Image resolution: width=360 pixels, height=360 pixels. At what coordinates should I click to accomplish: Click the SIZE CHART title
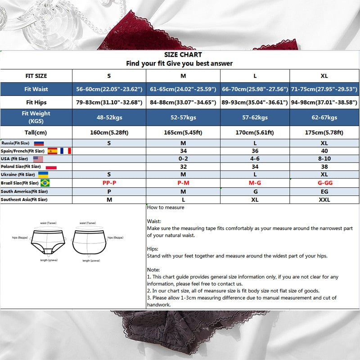(180, 55)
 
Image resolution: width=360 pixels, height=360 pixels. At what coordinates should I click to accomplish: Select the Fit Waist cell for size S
(109, 89)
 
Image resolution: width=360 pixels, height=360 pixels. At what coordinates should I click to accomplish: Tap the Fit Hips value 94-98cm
(324, 102)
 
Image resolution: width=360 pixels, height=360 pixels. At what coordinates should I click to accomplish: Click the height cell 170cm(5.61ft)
(255, 133)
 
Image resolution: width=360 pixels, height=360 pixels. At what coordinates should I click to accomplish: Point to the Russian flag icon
(39, 143)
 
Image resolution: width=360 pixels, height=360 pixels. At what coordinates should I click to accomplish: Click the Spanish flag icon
(52, 151)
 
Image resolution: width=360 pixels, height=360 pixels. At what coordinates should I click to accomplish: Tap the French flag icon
(66, 151)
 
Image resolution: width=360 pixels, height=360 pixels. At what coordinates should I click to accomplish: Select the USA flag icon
(38, 159)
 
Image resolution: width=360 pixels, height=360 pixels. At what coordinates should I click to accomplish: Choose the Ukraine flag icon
(43, 175)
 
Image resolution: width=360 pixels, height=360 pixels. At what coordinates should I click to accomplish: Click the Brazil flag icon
(45, 183)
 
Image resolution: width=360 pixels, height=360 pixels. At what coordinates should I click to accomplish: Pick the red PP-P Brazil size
(109, 183)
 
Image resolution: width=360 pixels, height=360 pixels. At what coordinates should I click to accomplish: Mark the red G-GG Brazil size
(324, 183)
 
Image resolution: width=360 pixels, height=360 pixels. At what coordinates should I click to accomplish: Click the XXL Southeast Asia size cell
(324, 200)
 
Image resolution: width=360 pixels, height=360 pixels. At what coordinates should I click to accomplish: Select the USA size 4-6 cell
(255, 159)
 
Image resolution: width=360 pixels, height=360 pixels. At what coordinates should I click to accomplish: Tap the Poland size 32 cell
(183, 166)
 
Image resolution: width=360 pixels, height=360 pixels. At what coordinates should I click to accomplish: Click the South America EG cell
(324, 192)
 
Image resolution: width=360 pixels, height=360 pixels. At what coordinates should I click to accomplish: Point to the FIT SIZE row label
(36, 76)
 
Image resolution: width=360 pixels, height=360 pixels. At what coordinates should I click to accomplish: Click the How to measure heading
(166, 207)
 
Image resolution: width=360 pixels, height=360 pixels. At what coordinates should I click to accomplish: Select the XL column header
(324, 76)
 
